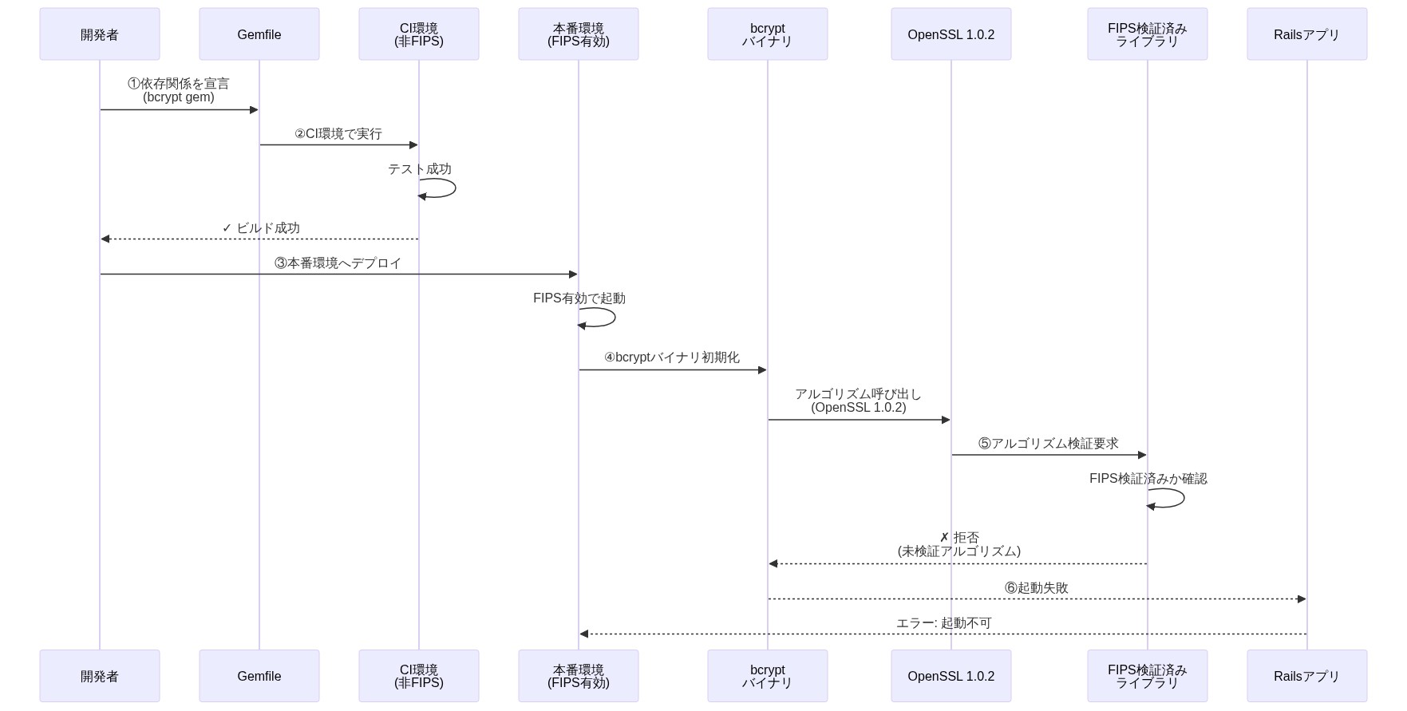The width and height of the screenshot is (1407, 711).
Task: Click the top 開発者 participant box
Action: (100, 34)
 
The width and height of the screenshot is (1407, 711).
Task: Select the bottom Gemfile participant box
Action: (259, 676)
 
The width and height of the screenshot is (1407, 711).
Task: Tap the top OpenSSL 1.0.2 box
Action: (951, 34)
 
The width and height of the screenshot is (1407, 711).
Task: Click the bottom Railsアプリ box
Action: (1306, 676)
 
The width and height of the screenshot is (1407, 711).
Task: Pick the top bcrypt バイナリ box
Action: (767, 34)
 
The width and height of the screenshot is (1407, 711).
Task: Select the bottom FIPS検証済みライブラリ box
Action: (1147, 676)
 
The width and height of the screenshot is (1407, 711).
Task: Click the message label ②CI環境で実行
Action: (338, 134)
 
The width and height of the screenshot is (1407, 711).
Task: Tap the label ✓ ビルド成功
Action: (261, 228)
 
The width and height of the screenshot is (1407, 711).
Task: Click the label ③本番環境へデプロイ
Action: (338, 263)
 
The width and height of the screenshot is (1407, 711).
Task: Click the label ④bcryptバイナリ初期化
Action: (672, 357)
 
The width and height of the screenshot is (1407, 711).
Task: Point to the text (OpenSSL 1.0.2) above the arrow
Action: (859, 408)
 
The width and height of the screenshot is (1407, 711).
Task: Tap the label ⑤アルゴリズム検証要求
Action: (1049, 444)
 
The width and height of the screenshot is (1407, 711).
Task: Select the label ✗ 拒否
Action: (959, 538)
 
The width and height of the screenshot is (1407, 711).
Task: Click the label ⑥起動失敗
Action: (1037, 588)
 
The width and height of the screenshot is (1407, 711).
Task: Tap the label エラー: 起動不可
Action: (943, 623)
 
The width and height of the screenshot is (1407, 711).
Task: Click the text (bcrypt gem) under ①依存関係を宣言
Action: (179, 97)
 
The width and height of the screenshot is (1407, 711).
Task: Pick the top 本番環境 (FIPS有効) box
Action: (579, 34)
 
